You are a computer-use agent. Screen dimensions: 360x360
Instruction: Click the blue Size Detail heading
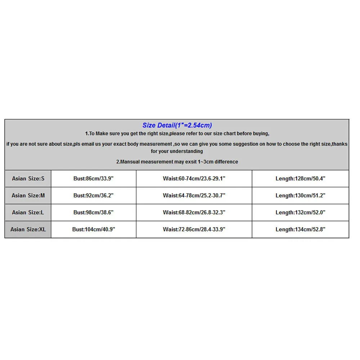click(x=177, y=125)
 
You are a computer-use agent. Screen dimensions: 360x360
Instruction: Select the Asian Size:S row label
click(x=28, y=179)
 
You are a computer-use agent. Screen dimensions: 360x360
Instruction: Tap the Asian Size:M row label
click(x=28, y=195)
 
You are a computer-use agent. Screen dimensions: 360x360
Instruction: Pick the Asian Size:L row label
click(x=28, y=212)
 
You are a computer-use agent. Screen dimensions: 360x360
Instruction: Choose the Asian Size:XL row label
click(x=28, y=229)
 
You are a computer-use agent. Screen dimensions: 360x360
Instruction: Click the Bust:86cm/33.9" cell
click(x=94, y=179)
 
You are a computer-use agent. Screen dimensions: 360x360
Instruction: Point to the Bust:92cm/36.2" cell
click(x=94, y=195)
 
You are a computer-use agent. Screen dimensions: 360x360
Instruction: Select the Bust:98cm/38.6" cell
click(x=94, y=212)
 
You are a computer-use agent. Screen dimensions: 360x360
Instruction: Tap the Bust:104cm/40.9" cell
click(x=94, y=229)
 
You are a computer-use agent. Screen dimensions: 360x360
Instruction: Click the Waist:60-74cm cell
click(x=194, y=179)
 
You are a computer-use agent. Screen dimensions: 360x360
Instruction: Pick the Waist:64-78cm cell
click(x=194, y=195)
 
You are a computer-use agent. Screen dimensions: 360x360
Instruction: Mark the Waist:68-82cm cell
click(x=194, y=212)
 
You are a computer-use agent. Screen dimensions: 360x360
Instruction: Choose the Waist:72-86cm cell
click(x=194, y=229)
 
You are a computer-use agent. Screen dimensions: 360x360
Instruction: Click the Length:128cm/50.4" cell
click(x=301, y=179)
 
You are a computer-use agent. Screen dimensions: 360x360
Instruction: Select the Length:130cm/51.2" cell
click(x=301, y=195)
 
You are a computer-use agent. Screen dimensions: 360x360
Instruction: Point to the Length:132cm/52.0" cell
click(x=301, y=212)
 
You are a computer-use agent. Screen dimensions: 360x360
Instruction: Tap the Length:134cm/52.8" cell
click(x=301, y=229)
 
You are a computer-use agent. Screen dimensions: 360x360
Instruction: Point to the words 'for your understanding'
click(x=177, y=152)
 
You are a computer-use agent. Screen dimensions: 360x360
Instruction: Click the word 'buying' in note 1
click(x=260, y=134)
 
